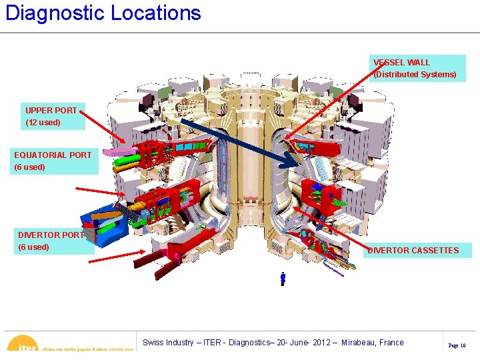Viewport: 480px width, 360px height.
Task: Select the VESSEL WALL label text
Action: (401, 63)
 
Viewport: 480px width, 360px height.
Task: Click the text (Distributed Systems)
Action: (415, 75)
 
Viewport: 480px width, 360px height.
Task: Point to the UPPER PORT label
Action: (51, 111)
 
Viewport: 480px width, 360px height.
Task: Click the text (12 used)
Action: (43, 123)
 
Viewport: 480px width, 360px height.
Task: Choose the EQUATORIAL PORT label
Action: (53, 155)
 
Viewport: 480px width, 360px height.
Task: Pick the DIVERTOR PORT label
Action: (51, 235)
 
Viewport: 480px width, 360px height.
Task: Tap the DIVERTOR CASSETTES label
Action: (413, 251)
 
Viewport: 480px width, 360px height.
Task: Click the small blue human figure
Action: (283, 279)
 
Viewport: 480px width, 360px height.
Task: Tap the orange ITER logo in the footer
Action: (25, 345)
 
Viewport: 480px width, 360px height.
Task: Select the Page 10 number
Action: (457, 345)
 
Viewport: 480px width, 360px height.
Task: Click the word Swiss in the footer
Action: (153, 343)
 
